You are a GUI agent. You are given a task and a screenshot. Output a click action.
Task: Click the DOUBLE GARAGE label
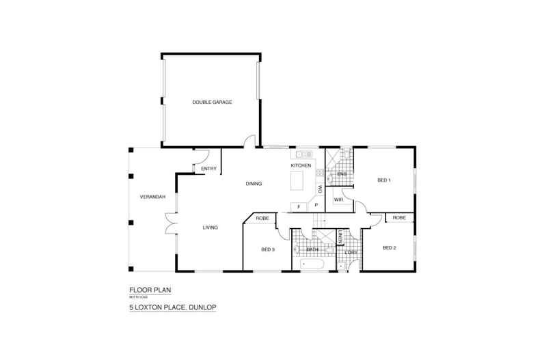pyautogui.click(x=212, y=102)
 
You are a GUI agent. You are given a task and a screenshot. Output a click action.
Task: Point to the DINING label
pyautogui.click(x=254, y=184)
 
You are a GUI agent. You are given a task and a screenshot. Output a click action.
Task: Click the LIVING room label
pyautogui.click(x=209, y=227)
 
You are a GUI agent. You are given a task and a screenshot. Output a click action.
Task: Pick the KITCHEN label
pyautogui.click(x=301, y=166)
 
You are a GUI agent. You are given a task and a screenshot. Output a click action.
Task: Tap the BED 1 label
pyautogui.click(x=384, y=180)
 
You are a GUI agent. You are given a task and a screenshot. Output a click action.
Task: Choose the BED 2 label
pyautogui.click(x=389, y=247)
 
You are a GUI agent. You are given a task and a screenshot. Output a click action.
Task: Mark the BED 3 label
pyautogui.click(x=268, y=249)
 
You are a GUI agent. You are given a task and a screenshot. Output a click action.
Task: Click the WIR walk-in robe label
pyautogui.click(x=338, y=200)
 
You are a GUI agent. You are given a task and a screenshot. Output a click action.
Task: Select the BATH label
pyautogui.click(x=312, y=250)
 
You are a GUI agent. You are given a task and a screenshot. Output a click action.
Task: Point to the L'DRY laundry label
pyautogui.click(x=351, y=253)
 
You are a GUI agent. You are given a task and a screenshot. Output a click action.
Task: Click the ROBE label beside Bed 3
pyautogui.click(x=262, y=218)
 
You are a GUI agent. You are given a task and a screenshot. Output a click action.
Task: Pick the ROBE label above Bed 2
pyautogui.click(x=400, y=218)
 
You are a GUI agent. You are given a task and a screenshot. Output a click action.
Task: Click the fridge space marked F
pyautogui.click(x=298, y=206)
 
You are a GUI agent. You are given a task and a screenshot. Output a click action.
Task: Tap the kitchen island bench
pyautogui.click(x=297, y=182)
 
